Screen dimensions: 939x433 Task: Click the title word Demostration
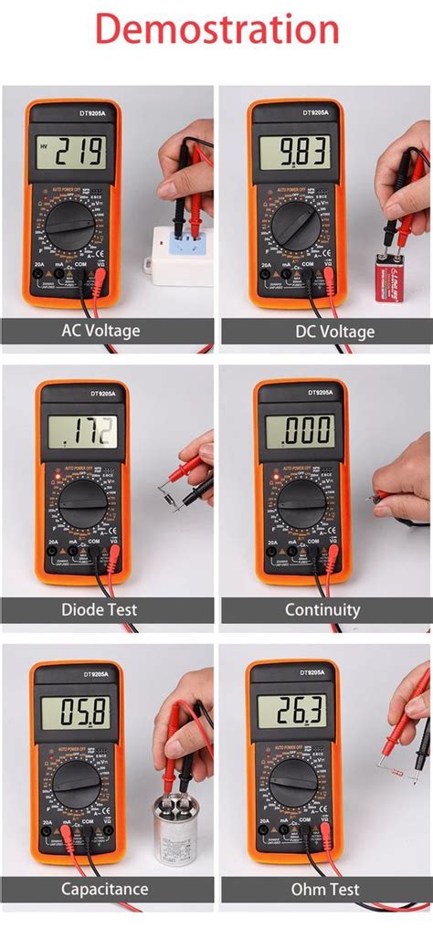click(x=216, y=29)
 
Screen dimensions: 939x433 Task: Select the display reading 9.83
click(x=294, y=152)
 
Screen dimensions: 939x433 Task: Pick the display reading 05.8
click(x=77, y=711)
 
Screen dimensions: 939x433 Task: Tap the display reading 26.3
click(x=294, y=711)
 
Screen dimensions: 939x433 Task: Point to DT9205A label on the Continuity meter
click(x=301, y=392)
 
